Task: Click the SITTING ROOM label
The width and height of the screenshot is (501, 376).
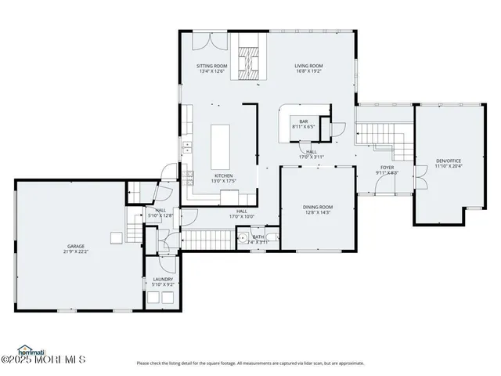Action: point(211,67)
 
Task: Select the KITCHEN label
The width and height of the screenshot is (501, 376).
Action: point(224,175)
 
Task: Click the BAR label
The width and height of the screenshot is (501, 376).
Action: point(303,121)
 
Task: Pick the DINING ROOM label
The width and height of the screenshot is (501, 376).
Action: point(318,207)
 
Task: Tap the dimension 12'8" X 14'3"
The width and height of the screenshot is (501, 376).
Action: point(318,212)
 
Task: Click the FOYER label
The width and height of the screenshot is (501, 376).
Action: point(387,168)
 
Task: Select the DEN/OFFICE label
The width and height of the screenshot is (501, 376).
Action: point(449,161)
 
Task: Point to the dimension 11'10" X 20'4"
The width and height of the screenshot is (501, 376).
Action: point(449,166)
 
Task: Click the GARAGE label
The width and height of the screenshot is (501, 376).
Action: point(75,247)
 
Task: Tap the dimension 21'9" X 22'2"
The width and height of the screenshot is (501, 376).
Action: point(75,252)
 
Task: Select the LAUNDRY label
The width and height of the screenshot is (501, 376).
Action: point(163,280)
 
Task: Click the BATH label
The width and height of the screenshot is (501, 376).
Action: point(258,237)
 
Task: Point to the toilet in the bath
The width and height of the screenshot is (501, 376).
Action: point(243,239)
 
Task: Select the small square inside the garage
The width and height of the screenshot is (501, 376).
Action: point(116,237)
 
